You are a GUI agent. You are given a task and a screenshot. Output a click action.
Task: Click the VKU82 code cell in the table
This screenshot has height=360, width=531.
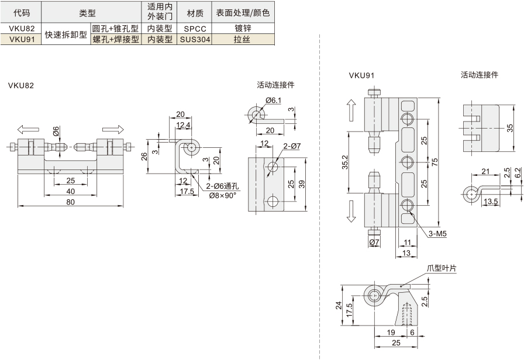click(x=21, y=29)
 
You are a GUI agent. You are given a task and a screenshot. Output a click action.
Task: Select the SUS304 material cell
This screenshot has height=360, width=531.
click(x=195, y=39)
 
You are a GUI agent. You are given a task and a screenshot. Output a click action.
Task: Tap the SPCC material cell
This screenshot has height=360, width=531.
click(x=195, y=29)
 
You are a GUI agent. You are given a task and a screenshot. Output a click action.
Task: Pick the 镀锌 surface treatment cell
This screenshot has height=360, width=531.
click(x=243, y=29)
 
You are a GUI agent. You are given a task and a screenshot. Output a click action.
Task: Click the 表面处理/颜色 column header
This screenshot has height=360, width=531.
click(x=243, y=13)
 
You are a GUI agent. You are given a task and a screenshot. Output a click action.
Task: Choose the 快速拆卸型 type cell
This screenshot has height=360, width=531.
click(x=66, y=34)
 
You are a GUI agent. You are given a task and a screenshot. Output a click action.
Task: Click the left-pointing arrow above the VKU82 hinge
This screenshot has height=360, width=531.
click(x=28, y=129)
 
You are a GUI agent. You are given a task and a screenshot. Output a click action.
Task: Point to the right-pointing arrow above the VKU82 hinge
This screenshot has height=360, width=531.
click(x=113, y=129)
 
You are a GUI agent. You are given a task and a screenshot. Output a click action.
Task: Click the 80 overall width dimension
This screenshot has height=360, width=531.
click(x=70, y=202)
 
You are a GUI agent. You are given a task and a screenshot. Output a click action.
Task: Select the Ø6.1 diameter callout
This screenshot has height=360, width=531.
click(x=273, y=101)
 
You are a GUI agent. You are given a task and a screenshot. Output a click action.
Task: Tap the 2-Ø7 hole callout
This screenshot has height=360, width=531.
click(x=292, y=146)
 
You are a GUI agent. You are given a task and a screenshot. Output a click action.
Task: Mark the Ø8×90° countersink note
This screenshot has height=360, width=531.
click(x=222, y=196)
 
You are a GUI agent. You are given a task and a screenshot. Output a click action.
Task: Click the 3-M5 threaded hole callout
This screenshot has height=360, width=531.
click(x=437, y=233)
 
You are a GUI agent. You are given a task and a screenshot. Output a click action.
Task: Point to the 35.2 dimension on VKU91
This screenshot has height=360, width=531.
click(x=345, y=162)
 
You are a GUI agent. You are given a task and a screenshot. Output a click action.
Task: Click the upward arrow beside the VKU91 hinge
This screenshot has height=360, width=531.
click(x=351, y=110)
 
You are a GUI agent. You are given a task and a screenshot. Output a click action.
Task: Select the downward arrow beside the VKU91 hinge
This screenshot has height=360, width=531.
click(x=351, y=211)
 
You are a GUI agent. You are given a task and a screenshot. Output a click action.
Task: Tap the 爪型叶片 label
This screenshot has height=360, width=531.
click(x=442, y=268)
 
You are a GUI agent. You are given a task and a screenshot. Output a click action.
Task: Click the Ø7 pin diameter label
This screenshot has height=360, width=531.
click(x=374, y=243)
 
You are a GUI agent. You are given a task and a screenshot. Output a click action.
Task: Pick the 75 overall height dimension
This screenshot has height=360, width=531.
click(x=435, y=162)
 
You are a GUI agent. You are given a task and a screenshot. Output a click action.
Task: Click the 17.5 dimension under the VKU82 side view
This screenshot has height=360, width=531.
click(x=187, y=192)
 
